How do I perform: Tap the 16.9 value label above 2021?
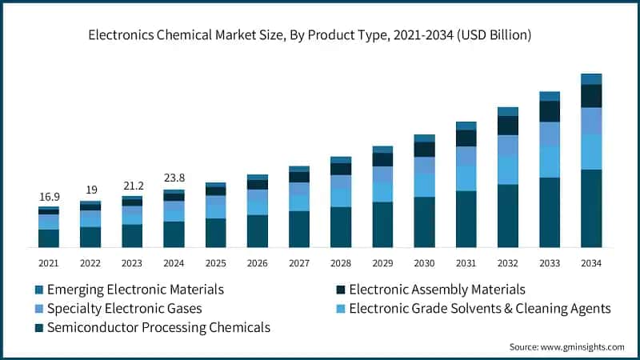(x=49, y=197)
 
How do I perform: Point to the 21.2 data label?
(x=132, y=186)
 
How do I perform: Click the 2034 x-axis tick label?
(x=590, y=262)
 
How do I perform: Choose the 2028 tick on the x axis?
(x=341, y=262)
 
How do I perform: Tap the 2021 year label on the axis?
(x=49, y=262)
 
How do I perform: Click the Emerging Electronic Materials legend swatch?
(x=38, y=290)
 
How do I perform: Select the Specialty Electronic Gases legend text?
(x=124, y=308)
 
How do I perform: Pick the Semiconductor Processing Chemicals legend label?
(x=158, y=327)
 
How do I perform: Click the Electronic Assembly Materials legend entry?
(x=437, y=290)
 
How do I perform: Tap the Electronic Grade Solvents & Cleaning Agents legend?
(x=480, y=308)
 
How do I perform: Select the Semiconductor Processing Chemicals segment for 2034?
(x=591, y=208)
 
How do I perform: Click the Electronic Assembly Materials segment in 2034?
(x=591, y=96)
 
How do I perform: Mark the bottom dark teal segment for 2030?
(x=424, y=222)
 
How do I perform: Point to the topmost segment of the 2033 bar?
(x=550, y=96)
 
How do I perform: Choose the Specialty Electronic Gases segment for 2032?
(x=508, y=146)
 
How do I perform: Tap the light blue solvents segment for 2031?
(x=466, y=178)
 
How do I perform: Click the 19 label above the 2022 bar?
(x=90, y=190)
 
